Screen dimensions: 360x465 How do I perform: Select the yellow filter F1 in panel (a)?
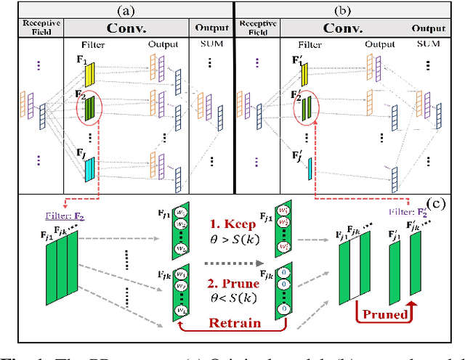(x=89, y=74)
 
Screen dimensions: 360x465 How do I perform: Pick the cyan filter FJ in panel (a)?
(x=89, y=169)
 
